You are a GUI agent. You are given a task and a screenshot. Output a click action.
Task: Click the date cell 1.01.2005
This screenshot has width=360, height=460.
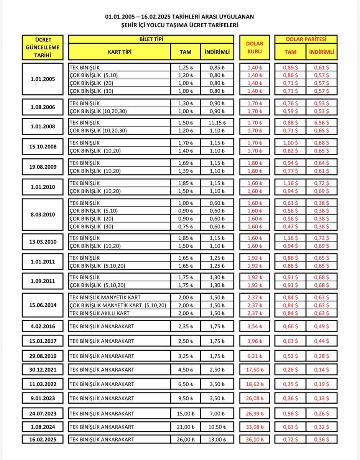coord(43,79)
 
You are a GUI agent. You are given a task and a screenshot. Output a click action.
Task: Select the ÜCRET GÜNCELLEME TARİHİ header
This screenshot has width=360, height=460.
coord(43,48)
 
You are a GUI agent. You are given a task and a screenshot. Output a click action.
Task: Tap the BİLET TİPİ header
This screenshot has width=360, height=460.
coord(151,39)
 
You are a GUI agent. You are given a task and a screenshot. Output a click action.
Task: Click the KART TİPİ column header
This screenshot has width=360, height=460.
coord(120,52)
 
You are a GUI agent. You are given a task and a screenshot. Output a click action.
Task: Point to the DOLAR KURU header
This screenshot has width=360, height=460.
coord(255,48)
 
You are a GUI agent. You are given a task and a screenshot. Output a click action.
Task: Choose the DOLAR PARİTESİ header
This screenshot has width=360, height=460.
coord(306,39)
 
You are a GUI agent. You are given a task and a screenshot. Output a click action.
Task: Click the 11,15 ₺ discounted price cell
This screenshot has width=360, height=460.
coord(217,123)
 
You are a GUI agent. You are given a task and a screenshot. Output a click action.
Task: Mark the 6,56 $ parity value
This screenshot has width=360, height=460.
coord(322,123)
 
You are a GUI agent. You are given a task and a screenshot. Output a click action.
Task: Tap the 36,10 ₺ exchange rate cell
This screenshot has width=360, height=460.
coord(255,440)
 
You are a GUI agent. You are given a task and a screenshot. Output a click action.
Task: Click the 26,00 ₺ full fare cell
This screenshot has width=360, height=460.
coord(186,440)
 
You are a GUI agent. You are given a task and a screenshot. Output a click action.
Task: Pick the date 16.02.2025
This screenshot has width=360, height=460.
coord(43,440)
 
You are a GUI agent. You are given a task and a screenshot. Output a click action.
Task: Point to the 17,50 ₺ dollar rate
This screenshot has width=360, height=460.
coord(255,370)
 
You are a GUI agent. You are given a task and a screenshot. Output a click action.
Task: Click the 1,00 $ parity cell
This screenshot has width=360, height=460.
coord(290,143)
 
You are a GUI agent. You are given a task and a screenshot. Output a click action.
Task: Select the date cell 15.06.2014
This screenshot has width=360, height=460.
coord(43,306)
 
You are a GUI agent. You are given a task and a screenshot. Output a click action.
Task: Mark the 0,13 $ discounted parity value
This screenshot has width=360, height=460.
coord(322,398)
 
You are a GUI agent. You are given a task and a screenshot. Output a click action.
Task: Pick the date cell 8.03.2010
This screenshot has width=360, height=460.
coord(43,214)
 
